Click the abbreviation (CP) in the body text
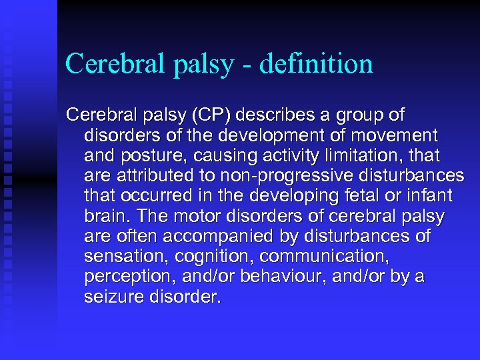213,115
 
